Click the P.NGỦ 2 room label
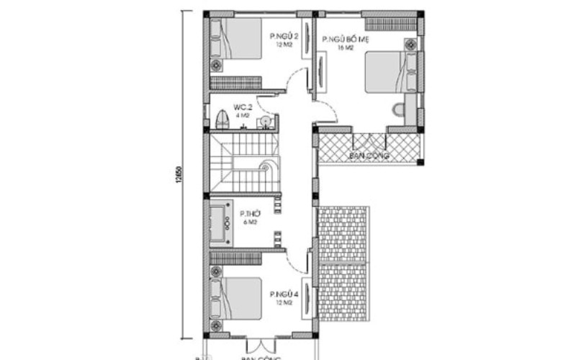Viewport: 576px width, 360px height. click(284, 36)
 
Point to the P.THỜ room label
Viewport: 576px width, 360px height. click(250, 215)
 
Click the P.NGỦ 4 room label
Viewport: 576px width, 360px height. click(283, 294)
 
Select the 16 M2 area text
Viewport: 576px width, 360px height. click(346, 48)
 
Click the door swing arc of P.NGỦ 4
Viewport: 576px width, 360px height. click(294, 261)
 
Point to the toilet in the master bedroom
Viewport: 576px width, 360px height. click(397, 109)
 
